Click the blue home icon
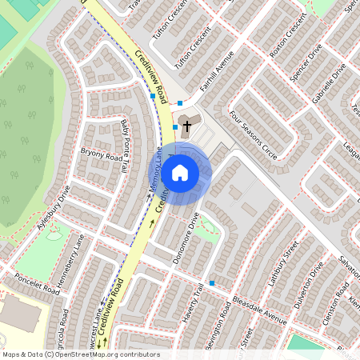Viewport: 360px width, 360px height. click(180, 172)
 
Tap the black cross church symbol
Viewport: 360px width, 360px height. click(186, 126)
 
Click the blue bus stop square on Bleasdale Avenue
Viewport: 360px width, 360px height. click(212, 283)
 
